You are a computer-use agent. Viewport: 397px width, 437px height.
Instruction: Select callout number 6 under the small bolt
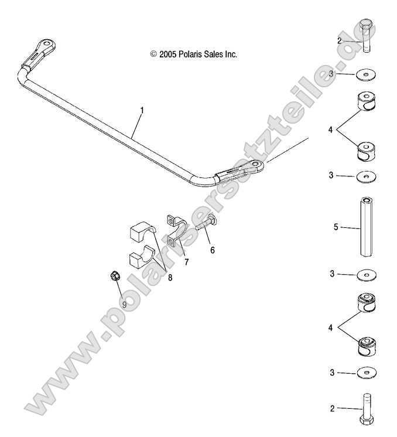click(196, 250)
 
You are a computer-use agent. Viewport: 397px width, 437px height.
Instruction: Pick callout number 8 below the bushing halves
click(170, 278)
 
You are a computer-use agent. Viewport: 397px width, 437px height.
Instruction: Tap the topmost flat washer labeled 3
click(366, 74)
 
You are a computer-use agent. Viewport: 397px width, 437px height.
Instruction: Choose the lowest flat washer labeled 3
click(366, 373)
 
